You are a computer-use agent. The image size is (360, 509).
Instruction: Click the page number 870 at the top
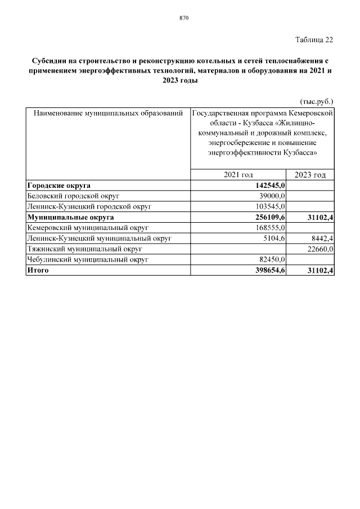tap(183, 18)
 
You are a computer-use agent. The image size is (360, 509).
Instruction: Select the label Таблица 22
tap(314, 39)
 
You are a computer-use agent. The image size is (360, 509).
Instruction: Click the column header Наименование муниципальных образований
tap(109, 114)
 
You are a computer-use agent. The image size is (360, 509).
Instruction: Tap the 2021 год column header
tap(238, 175)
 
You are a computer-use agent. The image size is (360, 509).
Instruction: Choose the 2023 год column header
tap(310, 175)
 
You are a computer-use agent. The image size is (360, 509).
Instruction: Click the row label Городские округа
tap(59, 186)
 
